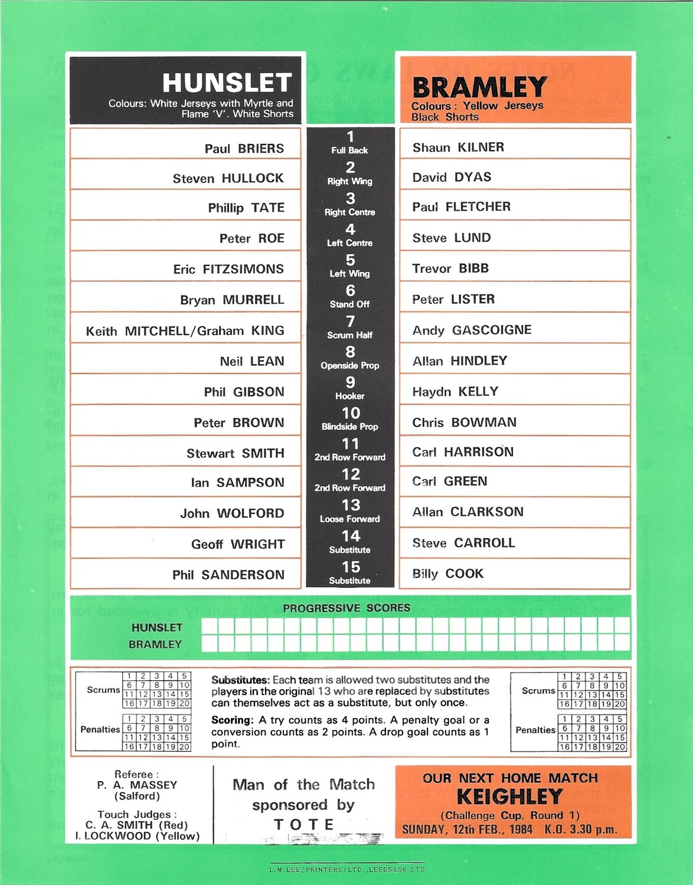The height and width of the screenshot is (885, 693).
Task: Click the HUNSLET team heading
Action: point(227,83)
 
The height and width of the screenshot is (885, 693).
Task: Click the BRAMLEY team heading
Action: point(479,87)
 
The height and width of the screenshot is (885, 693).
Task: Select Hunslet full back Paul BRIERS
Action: point(244,149)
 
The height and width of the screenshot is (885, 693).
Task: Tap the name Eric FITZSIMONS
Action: point(228,269)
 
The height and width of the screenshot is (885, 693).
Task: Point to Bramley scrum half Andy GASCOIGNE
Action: point(472,330)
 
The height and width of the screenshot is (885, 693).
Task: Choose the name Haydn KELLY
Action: point(455,392)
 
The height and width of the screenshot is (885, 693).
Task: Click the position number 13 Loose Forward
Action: point(350,506)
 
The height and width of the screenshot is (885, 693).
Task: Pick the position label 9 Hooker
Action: point(350,389)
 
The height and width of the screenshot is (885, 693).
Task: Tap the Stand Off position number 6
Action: point(350,291)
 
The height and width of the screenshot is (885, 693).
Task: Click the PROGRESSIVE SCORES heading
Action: point(346,608)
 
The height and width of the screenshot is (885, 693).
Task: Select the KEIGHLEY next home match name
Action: point(510,796)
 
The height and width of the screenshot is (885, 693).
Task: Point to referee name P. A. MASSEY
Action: point(137,785)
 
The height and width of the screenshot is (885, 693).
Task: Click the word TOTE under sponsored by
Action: point(304,824)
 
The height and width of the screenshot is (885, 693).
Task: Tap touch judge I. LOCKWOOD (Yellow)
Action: point(137,836)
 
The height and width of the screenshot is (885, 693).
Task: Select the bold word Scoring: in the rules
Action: point(233,720)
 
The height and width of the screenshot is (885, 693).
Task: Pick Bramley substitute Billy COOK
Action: point(447,573)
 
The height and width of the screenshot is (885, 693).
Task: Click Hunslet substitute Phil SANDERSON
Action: point(228,575)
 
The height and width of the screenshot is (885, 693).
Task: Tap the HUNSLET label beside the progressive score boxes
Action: point(156,628)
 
